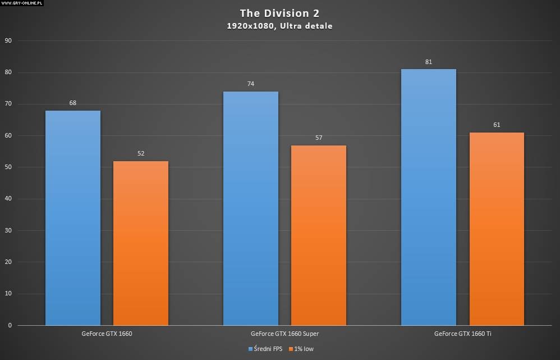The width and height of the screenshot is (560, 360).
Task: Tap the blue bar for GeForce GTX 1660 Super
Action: (251, 208)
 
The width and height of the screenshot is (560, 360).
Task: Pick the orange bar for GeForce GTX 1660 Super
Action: (319, 235)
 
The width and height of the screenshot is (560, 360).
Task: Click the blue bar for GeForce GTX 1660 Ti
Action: (429, 197)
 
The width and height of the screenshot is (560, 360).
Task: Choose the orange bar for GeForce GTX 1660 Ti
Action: (497, 229)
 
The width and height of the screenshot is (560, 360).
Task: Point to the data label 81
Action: (429, 62)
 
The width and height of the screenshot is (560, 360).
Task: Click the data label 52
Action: (141, 153)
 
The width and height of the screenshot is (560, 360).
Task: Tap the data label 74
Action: (251, 84)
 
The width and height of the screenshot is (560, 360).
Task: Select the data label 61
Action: (497, 125)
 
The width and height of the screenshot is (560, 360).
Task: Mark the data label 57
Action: (319, 138)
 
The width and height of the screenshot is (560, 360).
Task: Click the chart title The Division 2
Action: (279, 13)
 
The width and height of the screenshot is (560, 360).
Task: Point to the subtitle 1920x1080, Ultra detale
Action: (279, 26)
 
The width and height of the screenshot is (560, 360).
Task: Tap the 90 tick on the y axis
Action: (8, 41)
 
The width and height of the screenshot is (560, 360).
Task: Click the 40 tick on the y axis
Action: (8, 199)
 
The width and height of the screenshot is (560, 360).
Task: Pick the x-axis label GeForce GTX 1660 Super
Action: (284, 334)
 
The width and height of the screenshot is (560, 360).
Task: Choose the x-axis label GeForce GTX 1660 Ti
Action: (462, 334)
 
